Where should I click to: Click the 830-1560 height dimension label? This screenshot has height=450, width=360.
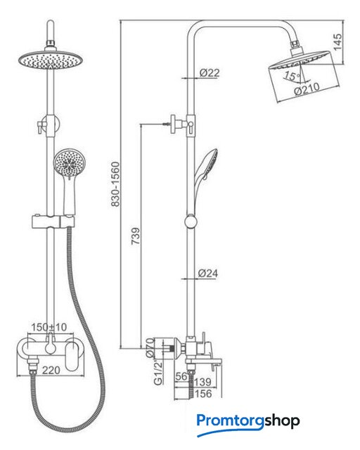click(115, 184)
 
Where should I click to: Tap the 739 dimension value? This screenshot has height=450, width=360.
click(136, 236)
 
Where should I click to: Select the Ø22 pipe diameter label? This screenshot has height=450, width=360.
click(210, 72)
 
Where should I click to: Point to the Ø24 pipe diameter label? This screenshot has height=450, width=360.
click(208, 273)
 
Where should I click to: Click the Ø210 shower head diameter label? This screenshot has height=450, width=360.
click(307, 89)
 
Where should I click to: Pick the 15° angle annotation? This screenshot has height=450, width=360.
click(292, 76)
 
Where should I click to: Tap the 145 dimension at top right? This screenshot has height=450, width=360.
click(337, 42)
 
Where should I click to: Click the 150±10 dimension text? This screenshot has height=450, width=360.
click(49, 327)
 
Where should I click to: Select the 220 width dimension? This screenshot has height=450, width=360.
click(51, 371)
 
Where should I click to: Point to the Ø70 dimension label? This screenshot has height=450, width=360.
click(150, 348)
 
